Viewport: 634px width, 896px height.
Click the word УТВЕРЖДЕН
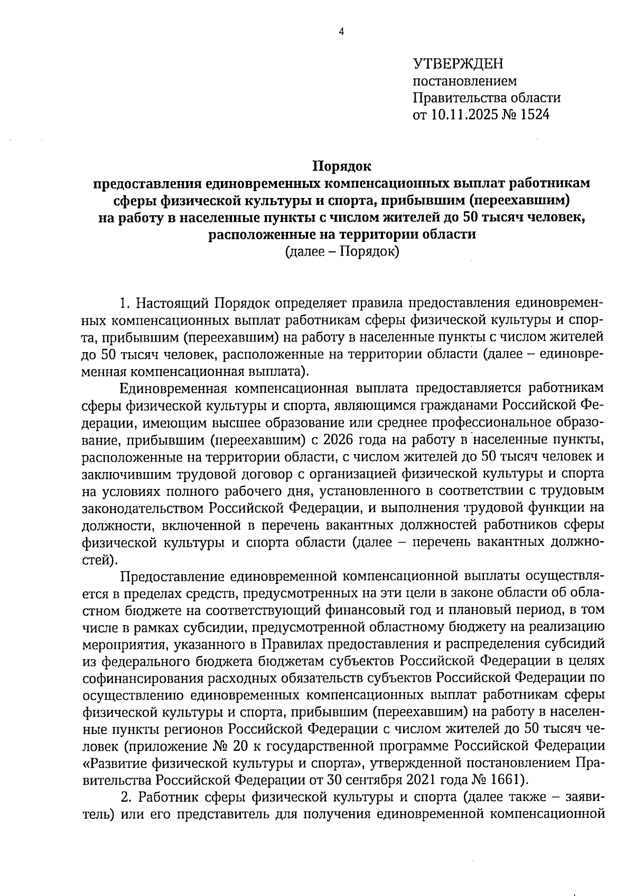[458, 64]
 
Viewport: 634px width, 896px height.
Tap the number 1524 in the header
[535, 115]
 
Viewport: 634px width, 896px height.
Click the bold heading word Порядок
[342, 167]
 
